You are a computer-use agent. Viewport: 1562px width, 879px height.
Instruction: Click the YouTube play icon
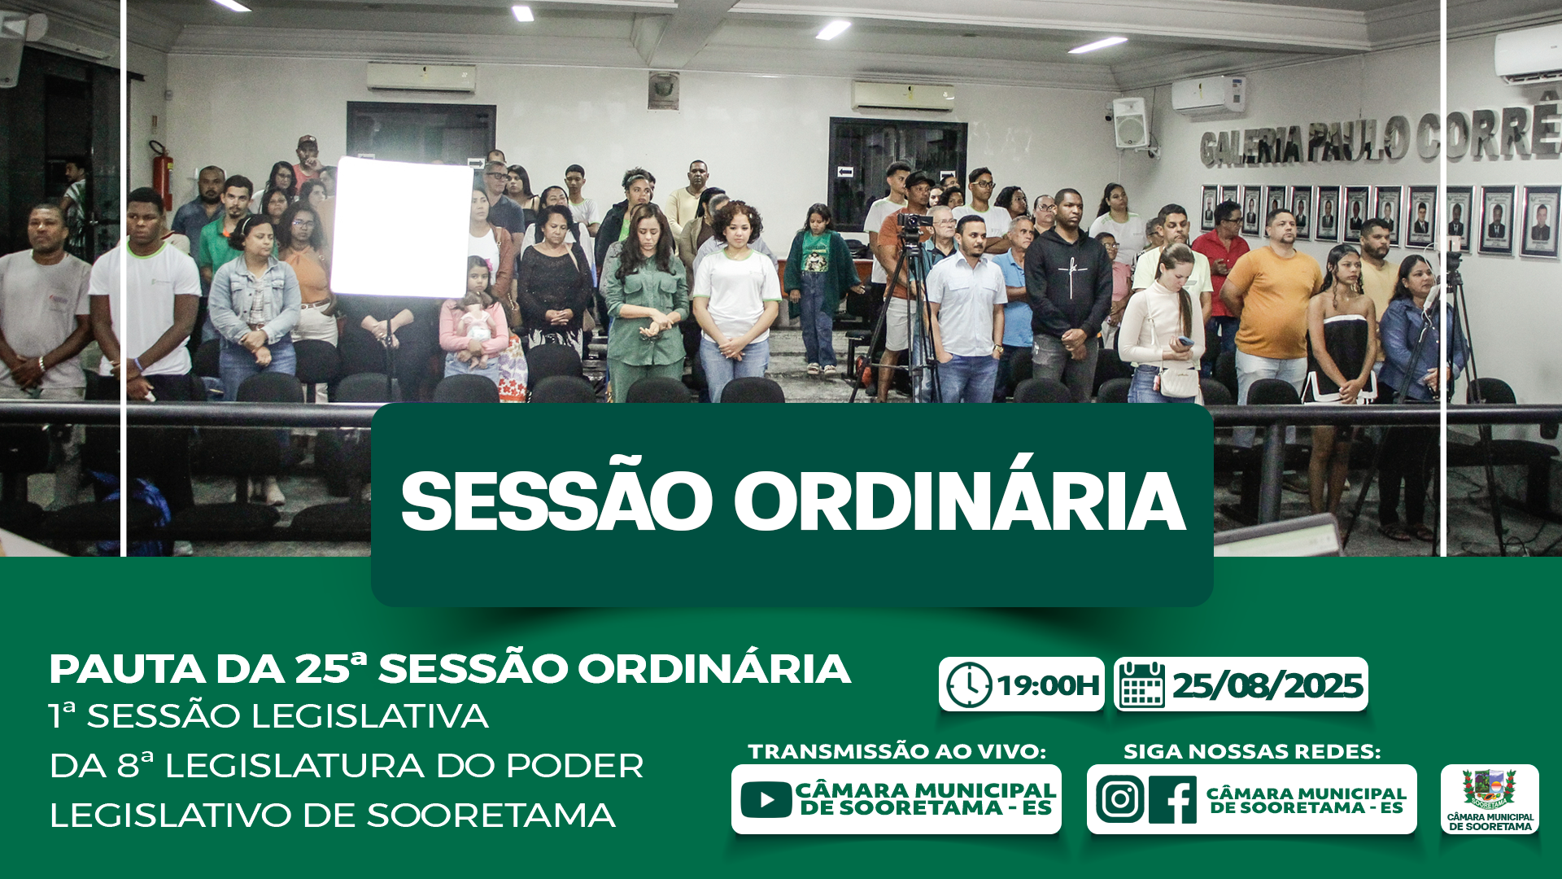[766, 799]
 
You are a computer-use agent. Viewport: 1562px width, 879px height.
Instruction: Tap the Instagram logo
[1119, 799]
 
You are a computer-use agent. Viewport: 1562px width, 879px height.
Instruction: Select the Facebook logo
[1172, 799]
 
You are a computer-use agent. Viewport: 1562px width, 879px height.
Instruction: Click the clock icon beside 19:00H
[969, 685]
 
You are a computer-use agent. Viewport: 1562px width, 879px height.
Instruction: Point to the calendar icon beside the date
[1142, 684]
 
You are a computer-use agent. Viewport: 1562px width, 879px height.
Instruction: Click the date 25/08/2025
[1267, 685]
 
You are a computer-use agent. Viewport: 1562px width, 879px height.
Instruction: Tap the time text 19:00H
[1048, 686]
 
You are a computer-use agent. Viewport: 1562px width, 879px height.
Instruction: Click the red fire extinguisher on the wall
[162, 174]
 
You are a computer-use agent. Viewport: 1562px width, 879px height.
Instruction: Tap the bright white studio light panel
[401, 227]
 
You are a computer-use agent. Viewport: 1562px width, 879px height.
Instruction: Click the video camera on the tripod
[914, 221]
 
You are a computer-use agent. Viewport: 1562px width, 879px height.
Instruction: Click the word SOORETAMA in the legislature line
[491, 816]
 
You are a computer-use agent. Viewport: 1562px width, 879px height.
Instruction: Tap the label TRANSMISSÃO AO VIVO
[897, 751]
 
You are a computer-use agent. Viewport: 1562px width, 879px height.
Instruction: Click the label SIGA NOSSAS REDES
[1252, 751]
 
